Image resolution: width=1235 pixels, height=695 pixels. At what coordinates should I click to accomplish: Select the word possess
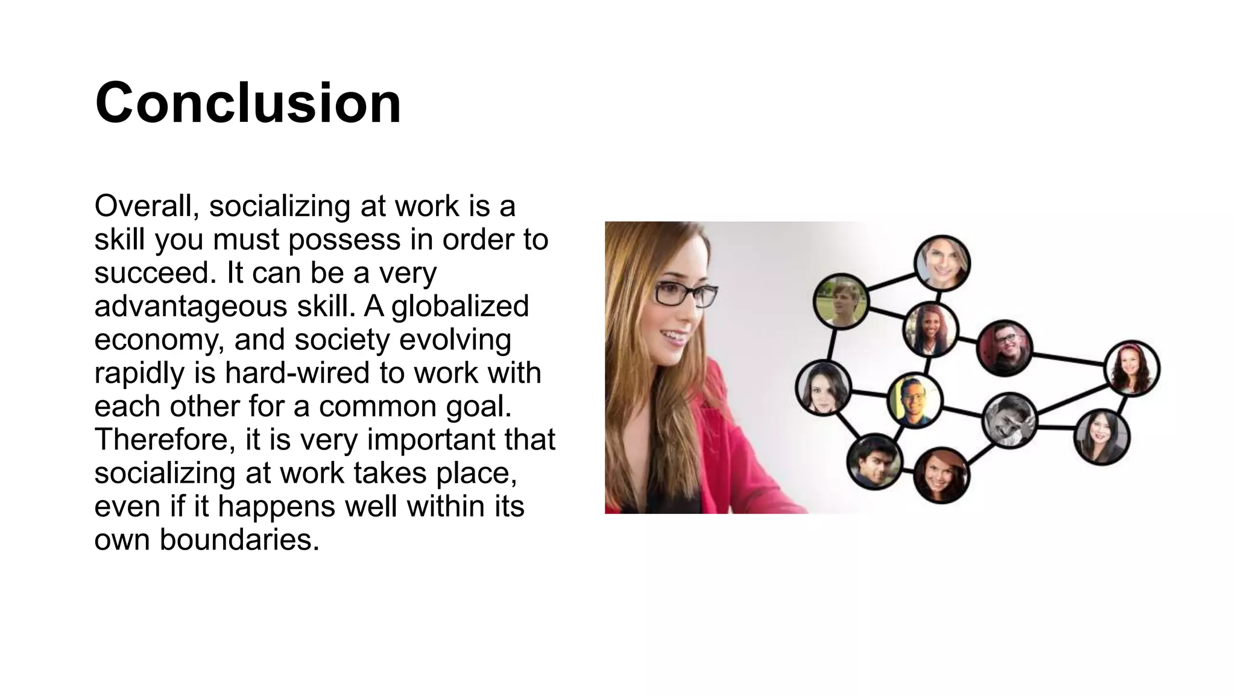344,240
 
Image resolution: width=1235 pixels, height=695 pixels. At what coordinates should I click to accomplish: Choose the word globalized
460,306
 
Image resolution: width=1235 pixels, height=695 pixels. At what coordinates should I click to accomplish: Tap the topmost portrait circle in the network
942,263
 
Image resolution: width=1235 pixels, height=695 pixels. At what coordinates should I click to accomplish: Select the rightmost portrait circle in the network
1132,369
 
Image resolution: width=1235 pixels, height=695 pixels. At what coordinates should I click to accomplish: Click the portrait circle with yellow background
915,400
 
